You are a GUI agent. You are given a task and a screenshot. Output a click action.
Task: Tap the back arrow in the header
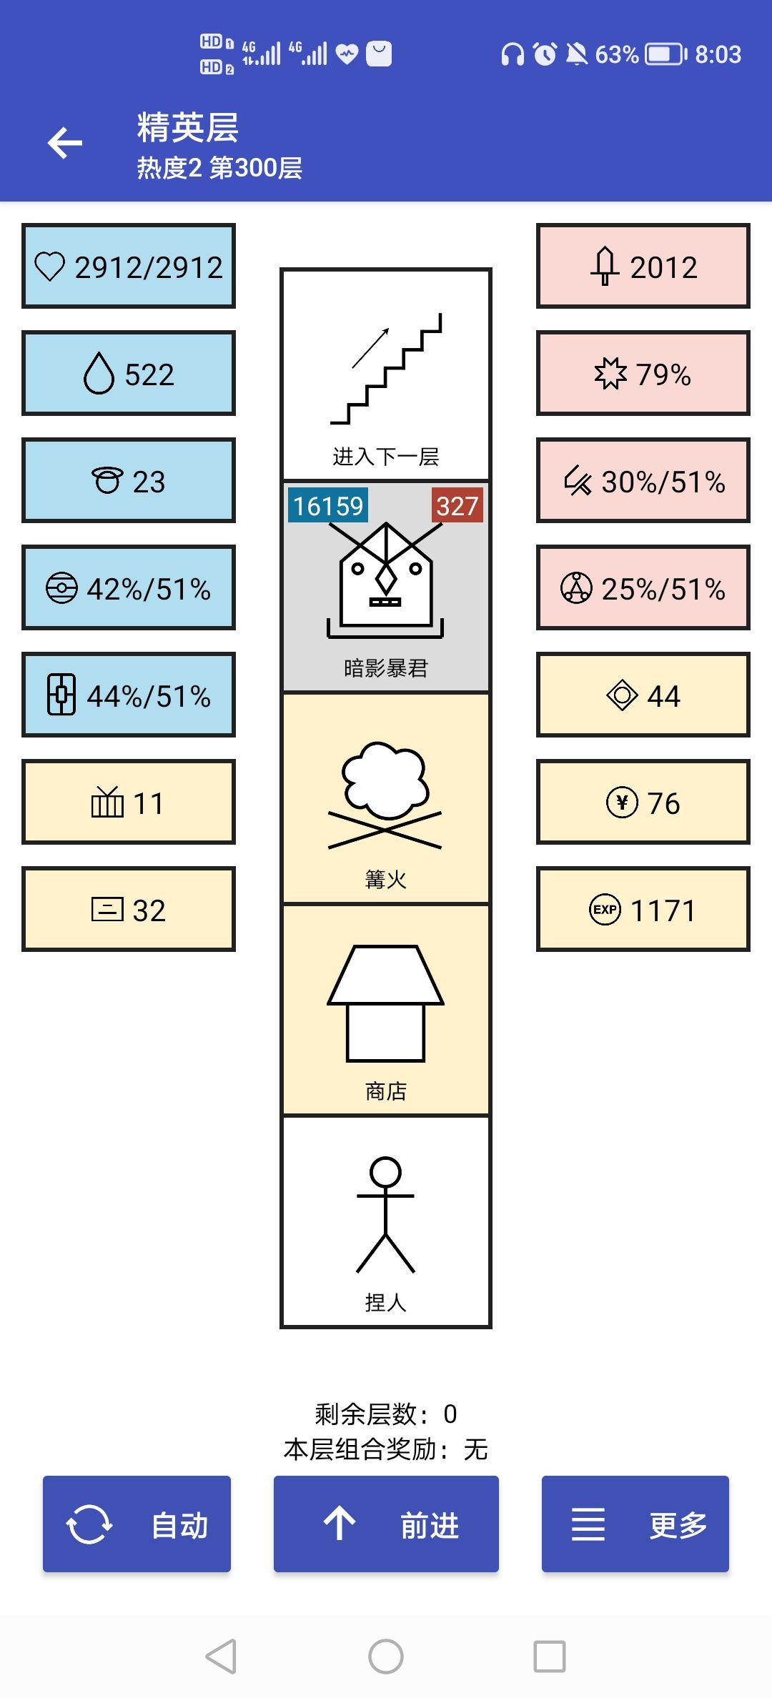(x=65, y=143)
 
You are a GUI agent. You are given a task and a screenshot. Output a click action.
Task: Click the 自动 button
(x=137, y=1524)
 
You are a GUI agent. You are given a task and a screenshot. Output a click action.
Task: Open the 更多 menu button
(x=635, y=1524)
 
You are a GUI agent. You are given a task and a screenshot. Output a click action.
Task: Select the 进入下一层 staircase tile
(x=386, y=374)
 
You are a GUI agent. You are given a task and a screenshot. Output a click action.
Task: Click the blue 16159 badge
(x=328, y=505)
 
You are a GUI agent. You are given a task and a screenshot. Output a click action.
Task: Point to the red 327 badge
(x=457, y=505)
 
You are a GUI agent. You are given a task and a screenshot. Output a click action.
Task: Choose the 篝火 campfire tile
(x=386, y=798)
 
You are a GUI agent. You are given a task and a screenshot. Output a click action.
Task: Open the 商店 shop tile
(x=386, y=1010)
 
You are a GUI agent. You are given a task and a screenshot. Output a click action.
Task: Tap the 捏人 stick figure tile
(x=386, y=1221)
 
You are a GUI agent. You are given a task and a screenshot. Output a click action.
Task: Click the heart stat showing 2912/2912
(x=129, y=266)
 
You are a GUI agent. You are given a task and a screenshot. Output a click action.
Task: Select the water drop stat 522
(x=129, y=373)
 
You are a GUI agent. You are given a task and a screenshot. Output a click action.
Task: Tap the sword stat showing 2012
(x=643, y=266)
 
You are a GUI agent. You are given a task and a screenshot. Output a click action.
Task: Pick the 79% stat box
(x=643, y=373)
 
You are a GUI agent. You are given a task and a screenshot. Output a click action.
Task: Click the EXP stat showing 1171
(x=643, y=909)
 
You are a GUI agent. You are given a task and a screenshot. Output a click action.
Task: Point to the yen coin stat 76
(x=643, y=802)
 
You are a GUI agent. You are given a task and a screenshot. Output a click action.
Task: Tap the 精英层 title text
(x=188, y=127)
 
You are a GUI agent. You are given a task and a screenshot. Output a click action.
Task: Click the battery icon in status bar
(x=665, y=54)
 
